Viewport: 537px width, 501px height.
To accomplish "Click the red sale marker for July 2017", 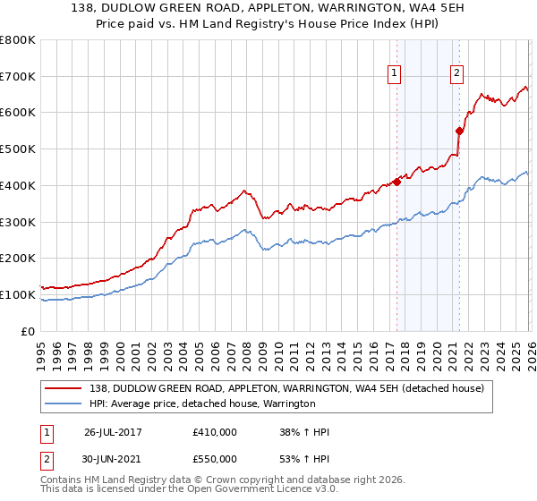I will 396,182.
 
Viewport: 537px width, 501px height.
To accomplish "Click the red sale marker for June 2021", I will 459,131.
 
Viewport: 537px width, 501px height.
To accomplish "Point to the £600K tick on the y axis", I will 19,113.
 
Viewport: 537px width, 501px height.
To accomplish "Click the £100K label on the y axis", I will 19,294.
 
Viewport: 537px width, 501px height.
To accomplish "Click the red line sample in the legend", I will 64,388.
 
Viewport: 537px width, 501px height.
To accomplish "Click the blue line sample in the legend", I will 64,403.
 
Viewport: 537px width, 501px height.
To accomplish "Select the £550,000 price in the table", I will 214,458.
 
